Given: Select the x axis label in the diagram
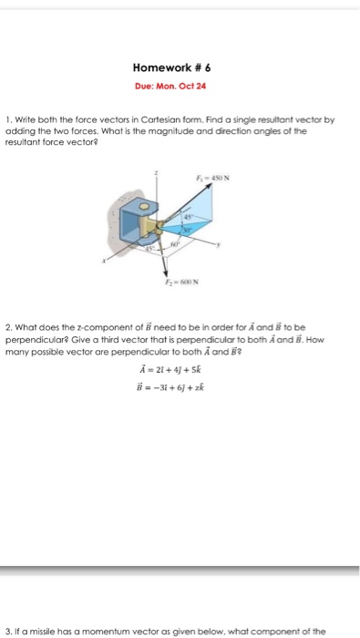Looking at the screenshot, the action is point(104,261).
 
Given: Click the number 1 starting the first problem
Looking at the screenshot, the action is point(7,118).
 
